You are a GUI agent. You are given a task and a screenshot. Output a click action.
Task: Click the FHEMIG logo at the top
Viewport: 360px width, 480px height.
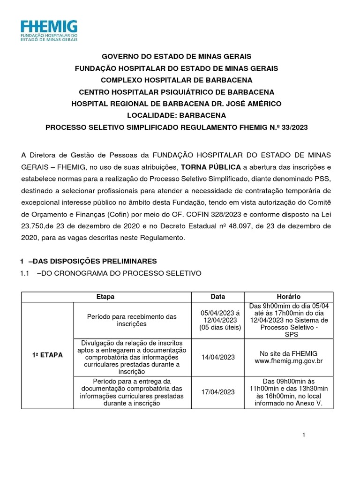point(49,31)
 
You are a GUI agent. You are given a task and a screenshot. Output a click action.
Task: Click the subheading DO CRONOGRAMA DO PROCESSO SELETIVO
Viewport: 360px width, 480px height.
point(121,273)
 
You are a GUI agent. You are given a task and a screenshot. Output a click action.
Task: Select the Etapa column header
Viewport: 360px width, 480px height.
point(105,297)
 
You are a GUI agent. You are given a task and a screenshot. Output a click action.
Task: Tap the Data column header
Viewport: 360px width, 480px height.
point(218,297)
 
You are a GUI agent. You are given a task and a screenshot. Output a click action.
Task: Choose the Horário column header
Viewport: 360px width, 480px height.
point(288,297)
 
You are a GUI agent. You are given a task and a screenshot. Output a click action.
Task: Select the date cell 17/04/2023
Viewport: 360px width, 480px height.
point(218,392)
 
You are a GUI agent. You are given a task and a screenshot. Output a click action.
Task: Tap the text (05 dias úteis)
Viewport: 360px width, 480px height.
point(220,327)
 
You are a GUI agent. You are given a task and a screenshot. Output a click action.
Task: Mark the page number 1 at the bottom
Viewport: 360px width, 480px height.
point(304,435)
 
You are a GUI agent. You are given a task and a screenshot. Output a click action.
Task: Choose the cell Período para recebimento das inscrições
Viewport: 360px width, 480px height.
point(132,320)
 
